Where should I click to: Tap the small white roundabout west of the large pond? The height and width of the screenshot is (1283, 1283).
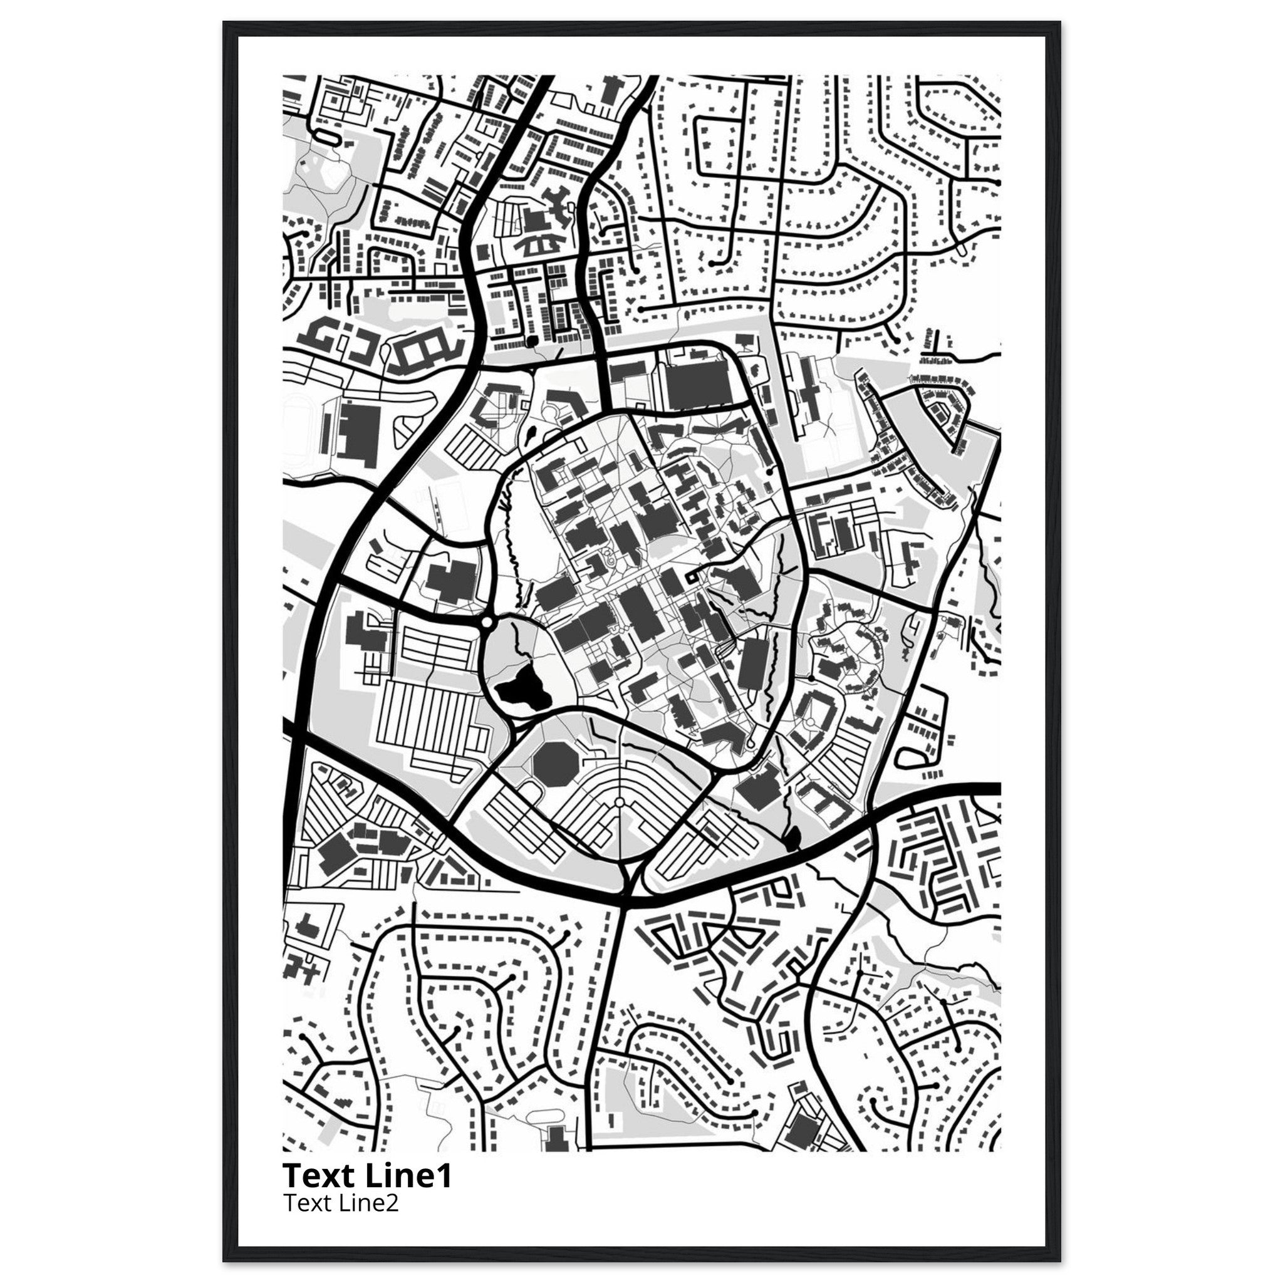[487, 622]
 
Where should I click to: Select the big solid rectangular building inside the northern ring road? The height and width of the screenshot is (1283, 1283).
[697, 385]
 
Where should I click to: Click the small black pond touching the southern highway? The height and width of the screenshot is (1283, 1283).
[792, 840]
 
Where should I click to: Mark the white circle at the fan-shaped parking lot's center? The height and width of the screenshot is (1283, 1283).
[619, 803]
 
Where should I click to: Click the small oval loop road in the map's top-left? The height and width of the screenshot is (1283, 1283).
[327, 137]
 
